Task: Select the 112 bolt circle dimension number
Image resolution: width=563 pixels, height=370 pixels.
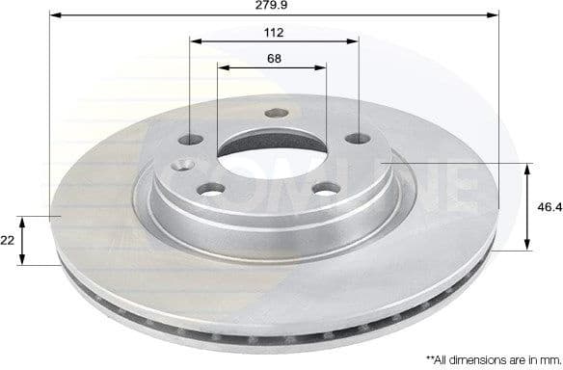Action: pyautogui.click(x=275, y=33)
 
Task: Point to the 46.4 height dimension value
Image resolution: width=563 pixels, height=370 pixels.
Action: pyautogui.click(x=546, y=206)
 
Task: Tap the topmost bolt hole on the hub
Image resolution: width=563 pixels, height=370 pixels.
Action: pyautogui.click(x=272, y=113)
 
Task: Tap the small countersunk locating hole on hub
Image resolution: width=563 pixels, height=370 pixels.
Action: pyautogui.click(x=181, y=166)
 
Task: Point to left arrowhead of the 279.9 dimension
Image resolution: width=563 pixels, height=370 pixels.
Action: pyautogui.click(x=53, y=16)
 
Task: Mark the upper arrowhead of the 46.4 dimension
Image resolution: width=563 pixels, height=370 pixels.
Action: pyautogui.click(x=528, y=170)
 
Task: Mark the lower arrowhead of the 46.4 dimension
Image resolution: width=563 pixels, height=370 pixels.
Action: pyautogui.click(x=528, y=246)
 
